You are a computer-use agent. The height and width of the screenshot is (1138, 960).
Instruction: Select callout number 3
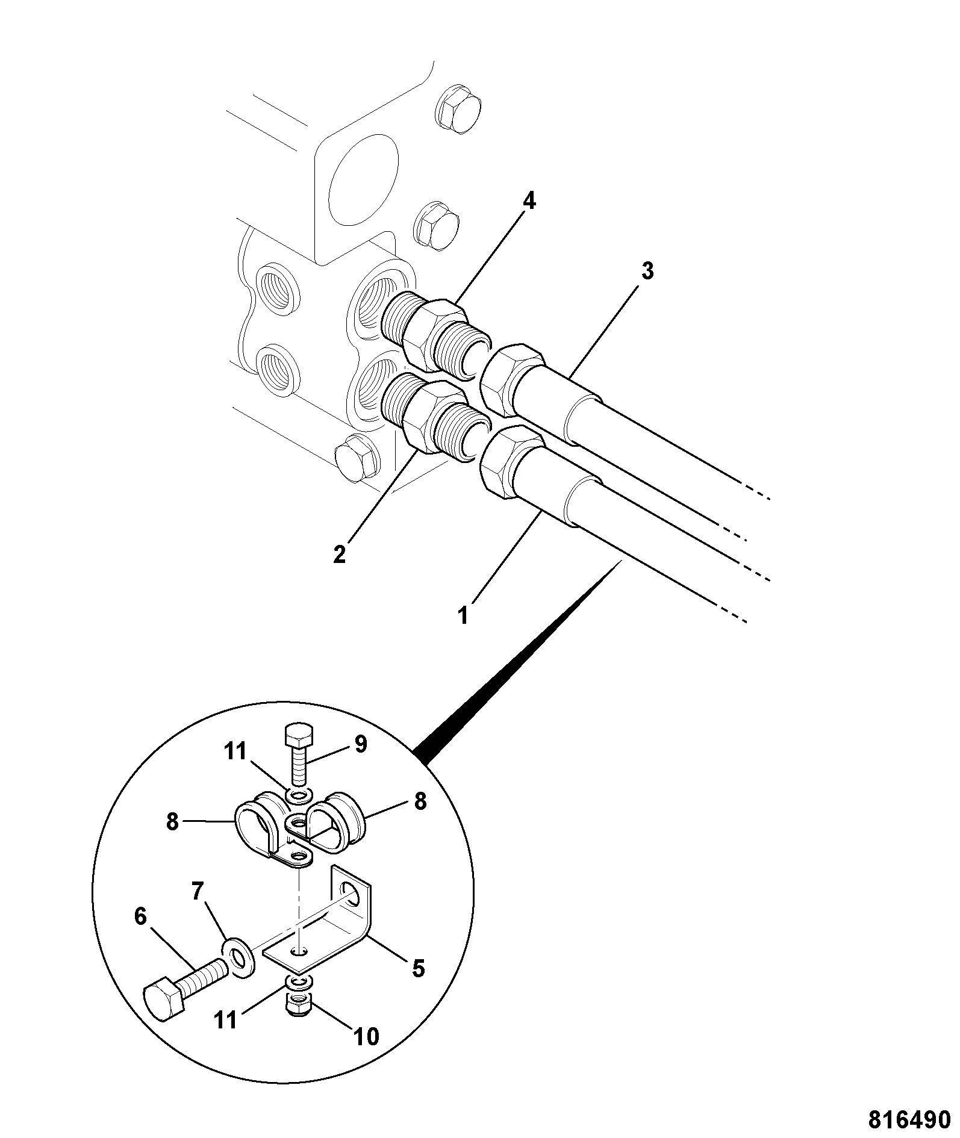(647, 272)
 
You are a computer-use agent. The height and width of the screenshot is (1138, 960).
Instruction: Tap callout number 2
(340, 554)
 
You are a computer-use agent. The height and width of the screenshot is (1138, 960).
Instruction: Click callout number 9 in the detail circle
(361, 745)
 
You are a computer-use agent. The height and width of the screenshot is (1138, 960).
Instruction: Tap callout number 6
(140, 917)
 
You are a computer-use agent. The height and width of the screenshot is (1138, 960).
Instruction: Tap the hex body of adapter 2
(431, 417)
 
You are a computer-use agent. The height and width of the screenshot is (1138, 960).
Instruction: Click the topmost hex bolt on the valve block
(457, 111)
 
